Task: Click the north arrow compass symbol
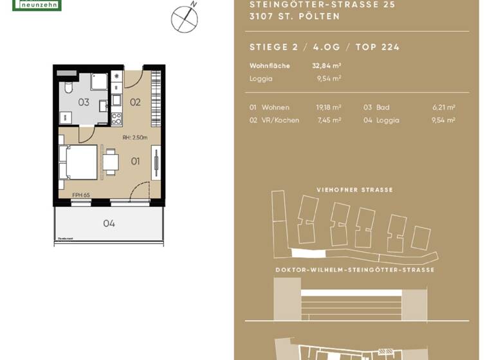tap(184, 19)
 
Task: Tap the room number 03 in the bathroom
tap(84, 102)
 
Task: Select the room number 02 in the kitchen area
tap(135, 102)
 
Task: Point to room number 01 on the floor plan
tap(135, 161)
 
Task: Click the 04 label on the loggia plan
tap(109, 224)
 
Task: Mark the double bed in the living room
tap(78, 162)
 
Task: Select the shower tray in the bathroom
tap(99, 82)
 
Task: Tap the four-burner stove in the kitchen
tap(116, 118)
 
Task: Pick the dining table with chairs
tap(111, 162)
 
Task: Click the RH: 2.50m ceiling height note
tap(135, 138)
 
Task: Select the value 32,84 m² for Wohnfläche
tap(326, 66)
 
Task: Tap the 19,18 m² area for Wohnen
tap(328, 107)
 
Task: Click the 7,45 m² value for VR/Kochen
tap(328, 120)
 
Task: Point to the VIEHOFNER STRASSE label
tap(354, 190)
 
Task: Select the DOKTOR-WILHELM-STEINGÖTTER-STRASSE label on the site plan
tap(354, 270)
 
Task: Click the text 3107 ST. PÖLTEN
tap(294, 17)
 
